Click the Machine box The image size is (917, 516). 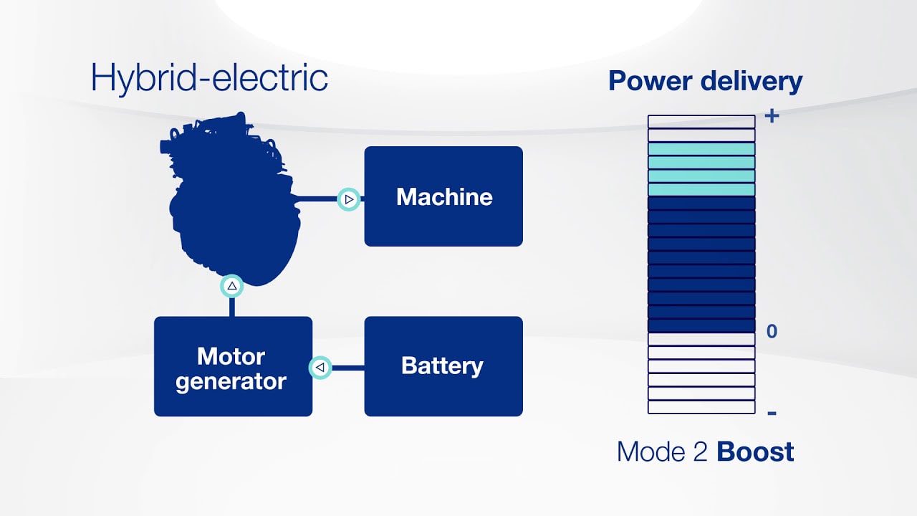(443, 196)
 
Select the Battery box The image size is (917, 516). (443, 365)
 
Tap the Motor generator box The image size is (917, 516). (233, 366)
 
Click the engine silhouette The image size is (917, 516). (229, 201)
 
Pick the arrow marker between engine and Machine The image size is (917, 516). (349, 200)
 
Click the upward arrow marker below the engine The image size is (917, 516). (232, 286)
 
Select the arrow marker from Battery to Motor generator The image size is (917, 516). (320, 368)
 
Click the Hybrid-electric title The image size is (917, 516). (209, 77)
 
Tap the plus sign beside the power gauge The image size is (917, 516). (772, 115)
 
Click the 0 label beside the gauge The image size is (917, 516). (772, 332)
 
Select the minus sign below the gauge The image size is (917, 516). (772, 414)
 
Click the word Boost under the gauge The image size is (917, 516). (755, 452)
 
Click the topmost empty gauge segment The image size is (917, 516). (701, 122)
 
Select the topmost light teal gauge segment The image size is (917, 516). (701, 149)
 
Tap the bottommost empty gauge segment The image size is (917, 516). (701, 407)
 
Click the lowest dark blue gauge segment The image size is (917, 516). (701, 325)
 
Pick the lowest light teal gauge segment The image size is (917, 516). (701, 190)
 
